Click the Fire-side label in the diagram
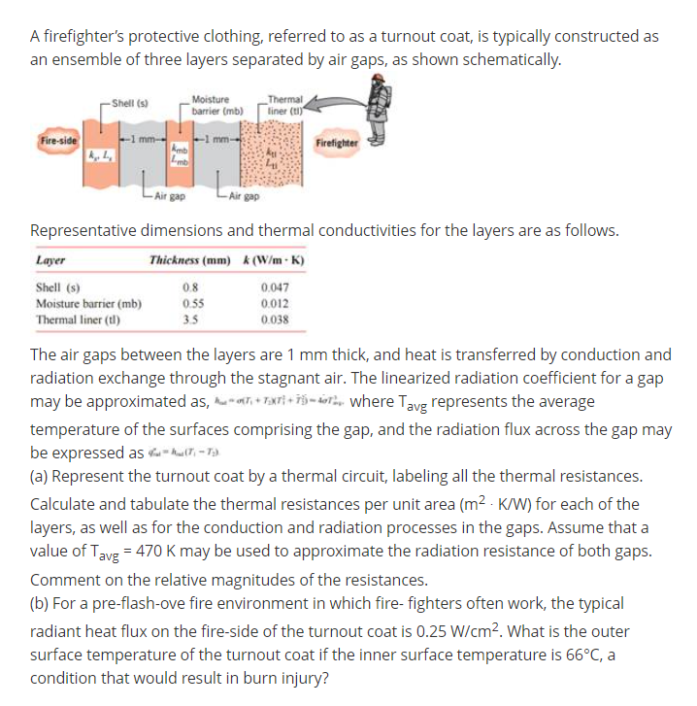[x=55, y=143]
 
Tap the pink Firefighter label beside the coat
[x=337, y=143]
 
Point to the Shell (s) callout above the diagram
[x=130, y=102]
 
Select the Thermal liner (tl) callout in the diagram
[x=287, y=104]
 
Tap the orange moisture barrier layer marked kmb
[x=181, y=155]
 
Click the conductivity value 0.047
[x=274, y=287]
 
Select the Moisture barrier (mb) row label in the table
[x=88, y=303]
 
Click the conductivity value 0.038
[x=274, y=319]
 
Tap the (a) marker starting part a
[x=41, y=477]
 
